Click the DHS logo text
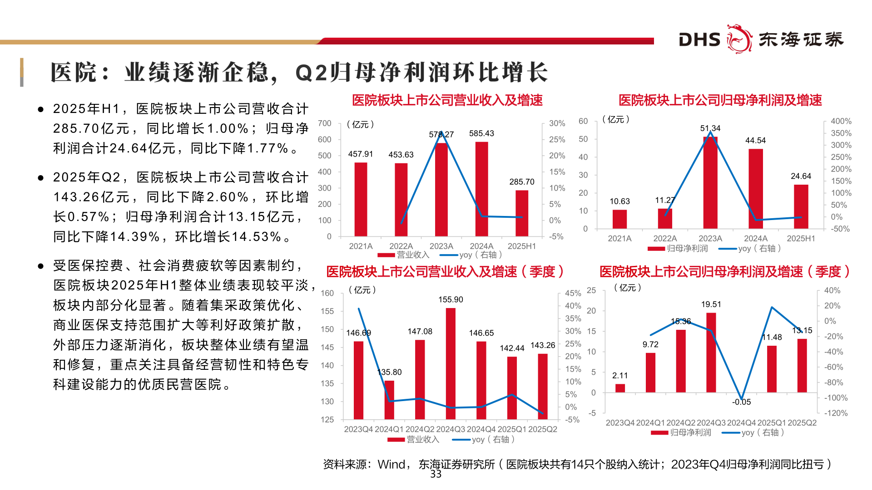click(699, 39)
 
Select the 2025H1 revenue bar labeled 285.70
click(522, 213)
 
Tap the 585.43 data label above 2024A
click(481, 133)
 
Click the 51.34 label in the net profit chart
click(710, 128)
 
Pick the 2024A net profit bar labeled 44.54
click(755, 188)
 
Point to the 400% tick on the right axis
click(841, 121)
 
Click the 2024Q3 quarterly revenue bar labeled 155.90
click(451, 363)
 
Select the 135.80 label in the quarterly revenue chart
click(390, 372)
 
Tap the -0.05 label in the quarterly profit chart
click(741, 402)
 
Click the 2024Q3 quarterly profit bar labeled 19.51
click(711, 352)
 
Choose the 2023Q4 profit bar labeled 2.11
click(620, 388)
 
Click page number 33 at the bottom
click(436, 474)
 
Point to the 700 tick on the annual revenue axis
click(325, 123)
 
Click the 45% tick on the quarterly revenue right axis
click(573, 294)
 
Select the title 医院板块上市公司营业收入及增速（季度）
click(445, 272)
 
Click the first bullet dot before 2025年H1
click(41, 109)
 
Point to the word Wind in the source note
click(391, 464)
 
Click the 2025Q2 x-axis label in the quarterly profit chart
click(802, 423)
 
